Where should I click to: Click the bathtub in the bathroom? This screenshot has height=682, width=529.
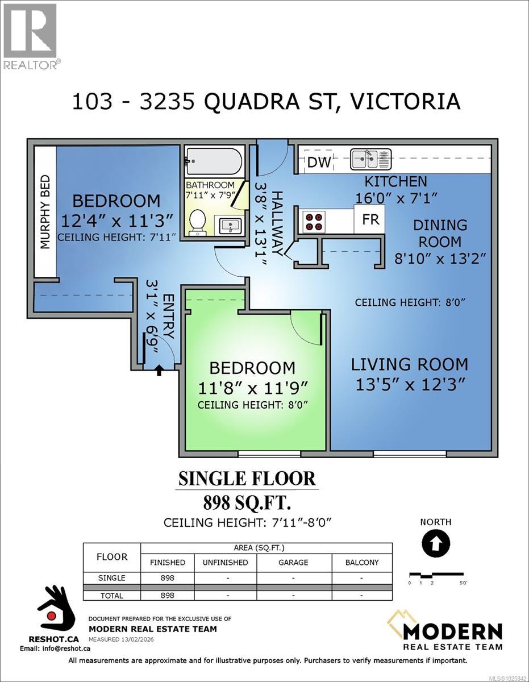coord(214,161)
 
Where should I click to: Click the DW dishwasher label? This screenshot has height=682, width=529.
coord(319,163)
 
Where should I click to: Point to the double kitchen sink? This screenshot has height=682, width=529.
coord(370,159)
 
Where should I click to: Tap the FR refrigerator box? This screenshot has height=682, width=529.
coord(370,219)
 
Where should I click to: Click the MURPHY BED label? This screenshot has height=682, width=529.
coord(45,212)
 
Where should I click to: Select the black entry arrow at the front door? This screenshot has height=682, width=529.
coord(159,371)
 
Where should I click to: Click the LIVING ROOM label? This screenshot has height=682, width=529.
coord(409,364)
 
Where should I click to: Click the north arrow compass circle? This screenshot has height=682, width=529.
coord(436,543)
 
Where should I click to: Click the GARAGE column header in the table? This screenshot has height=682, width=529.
coord(293,562)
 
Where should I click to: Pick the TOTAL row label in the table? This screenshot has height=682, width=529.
coord(111,595)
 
